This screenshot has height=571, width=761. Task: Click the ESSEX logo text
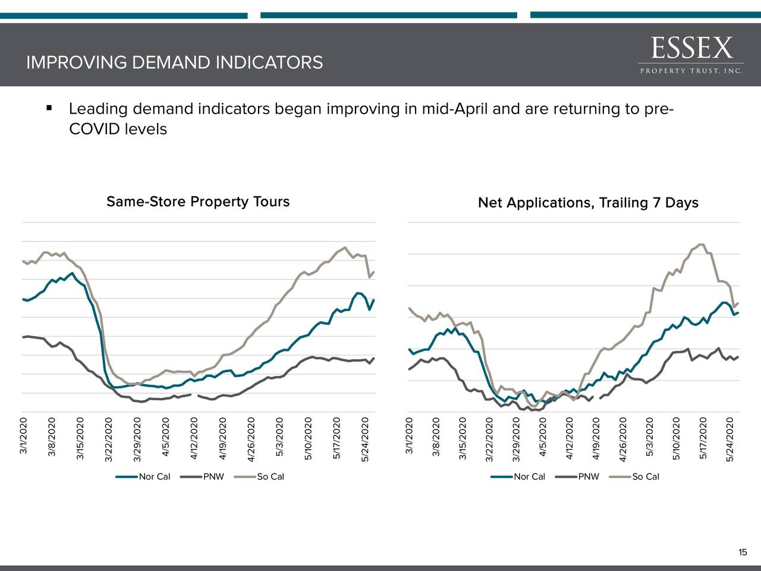[x=691, y=48]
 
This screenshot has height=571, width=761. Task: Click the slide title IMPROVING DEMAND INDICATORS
[x=174, y=62]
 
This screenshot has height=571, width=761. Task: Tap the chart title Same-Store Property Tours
[x=198, y=202]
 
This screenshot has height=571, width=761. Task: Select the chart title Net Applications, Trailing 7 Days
[x=588, y=203]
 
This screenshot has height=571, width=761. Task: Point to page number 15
[x=742, y=553]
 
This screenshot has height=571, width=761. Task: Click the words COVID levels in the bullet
[x=118, y=129]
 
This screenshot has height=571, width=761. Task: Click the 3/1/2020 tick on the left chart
[x=23, y=436]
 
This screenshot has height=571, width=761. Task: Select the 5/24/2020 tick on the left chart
[x=365, y=439]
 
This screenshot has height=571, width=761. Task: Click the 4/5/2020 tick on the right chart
[x=543, y=437]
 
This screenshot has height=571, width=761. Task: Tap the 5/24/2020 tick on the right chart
[x=730, y=439]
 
